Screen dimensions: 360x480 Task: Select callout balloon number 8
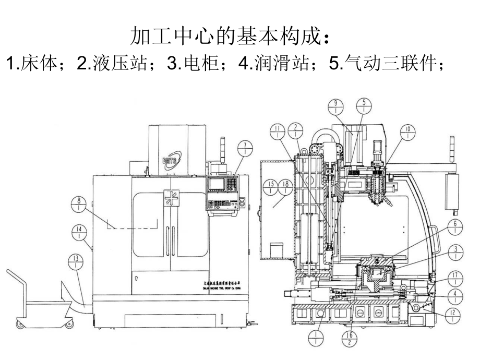(x=79, y=205)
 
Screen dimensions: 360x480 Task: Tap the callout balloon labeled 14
(x=79, y=232)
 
